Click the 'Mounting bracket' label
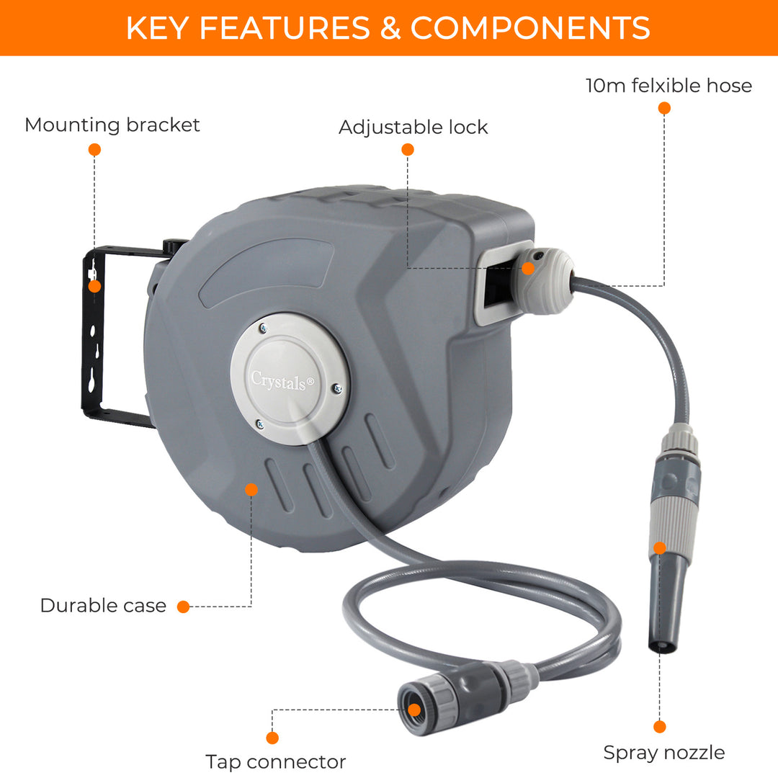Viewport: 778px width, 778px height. point(112,125)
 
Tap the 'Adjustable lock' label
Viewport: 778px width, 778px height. point(413,128)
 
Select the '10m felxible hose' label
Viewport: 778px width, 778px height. point(669,85)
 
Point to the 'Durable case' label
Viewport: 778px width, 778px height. point(103,605)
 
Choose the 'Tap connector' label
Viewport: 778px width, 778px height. point(276,761)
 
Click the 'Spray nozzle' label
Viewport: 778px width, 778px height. point(664,753)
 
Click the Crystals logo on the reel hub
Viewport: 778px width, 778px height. point(282,381)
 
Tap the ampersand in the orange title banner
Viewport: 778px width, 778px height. point(390,28)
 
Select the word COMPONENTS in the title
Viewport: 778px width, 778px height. point(530,28)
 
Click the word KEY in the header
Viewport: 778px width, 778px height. point(157,28)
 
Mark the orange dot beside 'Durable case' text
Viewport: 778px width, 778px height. point(184,607)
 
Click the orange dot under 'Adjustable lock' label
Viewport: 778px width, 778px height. point(408,149)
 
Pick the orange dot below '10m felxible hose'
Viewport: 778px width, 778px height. point(664,108)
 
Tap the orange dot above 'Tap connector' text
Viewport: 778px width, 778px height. point(272,738)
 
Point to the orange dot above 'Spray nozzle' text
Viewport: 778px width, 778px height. point(660,727)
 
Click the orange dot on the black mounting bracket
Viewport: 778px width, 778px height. point(95,286)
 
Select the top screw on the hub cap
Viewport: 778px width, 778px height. point(263,328)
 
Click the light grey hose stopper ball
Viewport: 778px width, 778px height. point(545,281)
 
